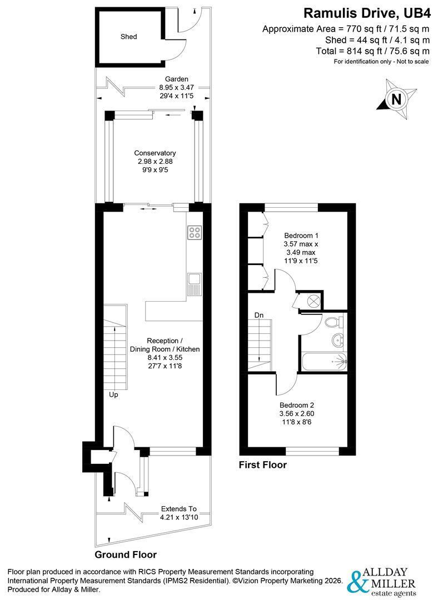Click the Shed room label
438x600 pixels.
pos(128,37)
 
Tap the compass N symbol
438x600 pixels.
pos(397,99)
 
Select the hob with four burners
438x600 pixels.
pos(195,232)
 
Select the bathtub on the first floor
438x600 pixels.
pos(324,361)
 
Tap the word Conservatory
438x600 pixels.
pos(155,153)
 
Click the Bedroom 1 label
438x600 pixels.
pos(301,236)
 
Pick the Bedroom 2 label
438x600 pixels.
pos(297,405)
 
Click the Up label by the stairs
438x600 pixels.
pos(114,394)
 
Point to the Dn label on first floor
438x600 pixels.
pos(259,315)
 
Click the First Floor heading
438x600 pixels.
pos(263,465)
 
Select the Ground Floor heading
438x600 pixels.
pos(126,554)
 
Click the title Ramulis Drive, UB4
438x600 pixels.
pos(367,13)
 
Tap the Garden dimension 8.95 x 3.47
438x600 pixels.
pos(177,87)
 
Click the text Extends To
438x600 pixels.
pos(179,509)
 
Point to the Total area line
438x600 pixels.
pos(372,51)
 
